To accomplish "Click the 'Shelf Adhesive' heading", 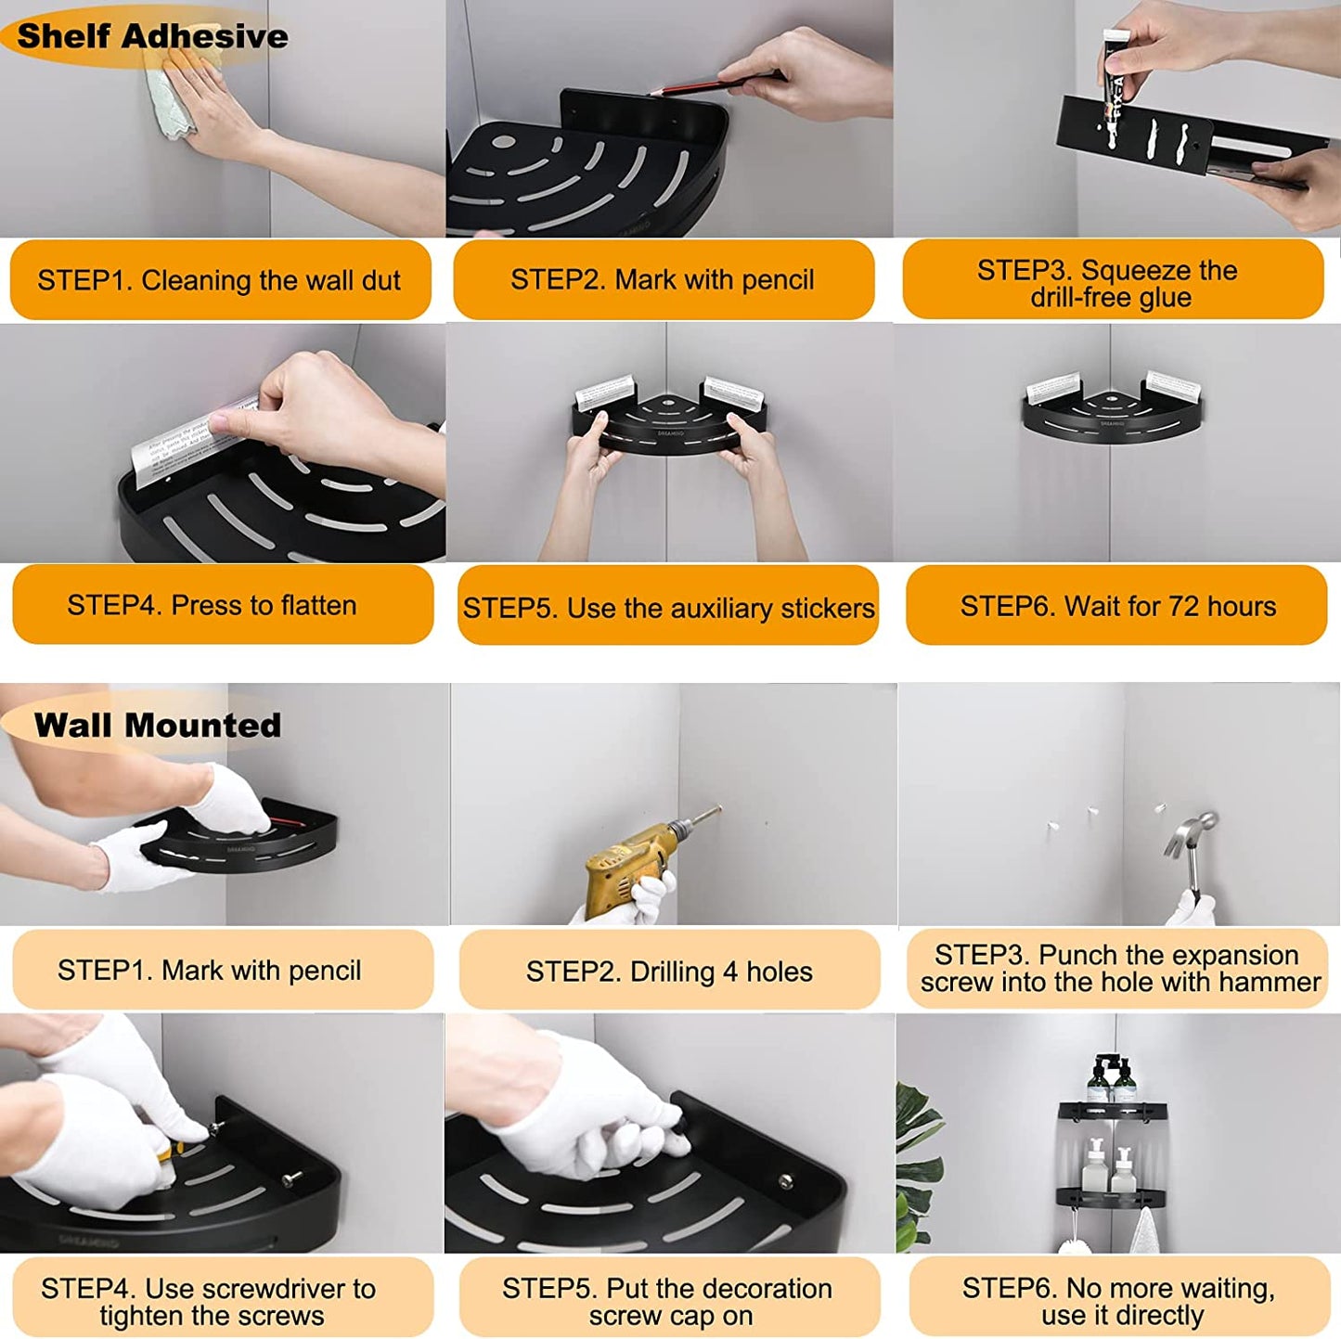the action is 152,36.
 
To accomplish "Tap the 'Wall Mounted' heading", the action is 158,726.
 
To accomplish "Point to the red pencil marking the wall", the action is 710,85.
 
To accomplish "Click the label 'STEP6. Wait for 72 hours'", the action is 1117,606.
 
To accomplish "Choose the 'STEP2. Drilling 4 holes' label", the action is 669,972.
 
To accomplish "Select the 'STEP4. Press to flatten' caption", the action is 212,605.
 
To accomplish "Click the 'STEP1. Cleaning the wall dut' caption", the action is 218,280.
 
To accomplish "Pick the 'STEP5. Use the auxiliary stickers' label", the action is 669,609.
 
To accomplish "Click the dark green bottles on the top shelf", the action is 1112,1078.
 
